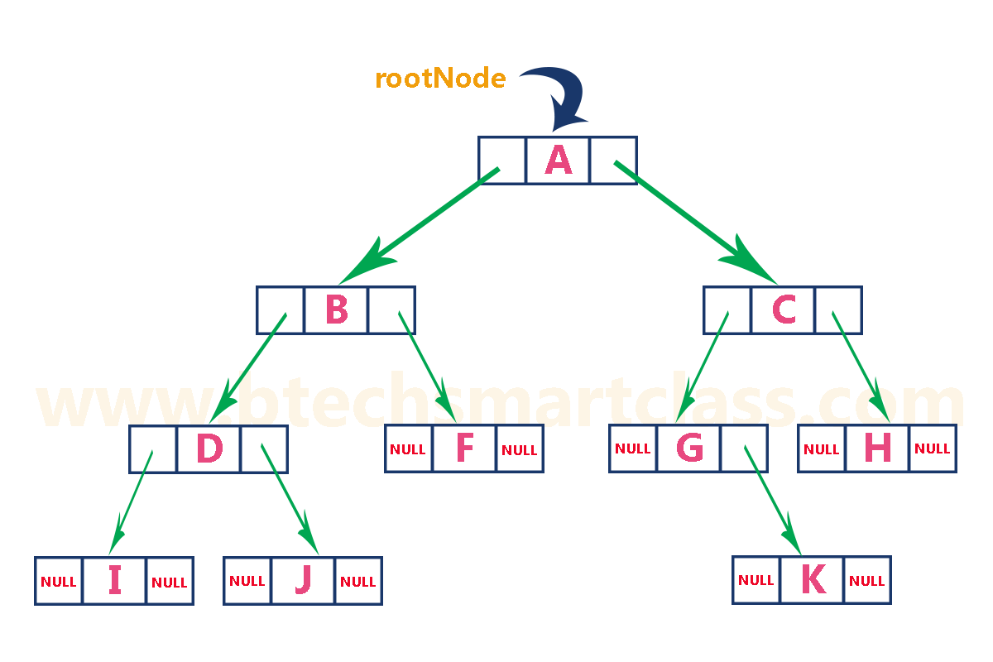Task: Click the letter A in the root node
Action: click(x=559, y=161)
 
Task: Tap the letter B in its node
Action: click(x=337, y=310)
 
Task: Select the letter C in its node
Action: click(x=783, y=310)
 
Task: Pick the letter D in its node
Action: click(x=209, y=449)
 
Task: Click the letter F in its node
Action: click(x=464, y=449)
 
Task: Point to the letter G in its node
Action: click(x=689, y=449)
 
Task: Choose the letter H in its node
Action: click(x=877, y=449)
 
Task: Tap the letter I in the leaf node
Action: click(x=114, y=581)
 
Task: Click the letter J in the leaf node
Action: click(x=303, y=581)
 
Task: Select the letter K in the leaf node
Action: click(x=813, y=580)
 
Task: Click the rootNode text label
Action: click(x=440, y=79)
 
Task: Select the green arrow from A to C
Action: click(x=695, y=222)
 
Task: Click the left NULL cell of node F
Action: click(x=408, y=449)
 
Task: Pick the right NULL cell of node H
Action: click(x=933, y=449)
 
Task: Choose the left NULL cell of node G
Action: click(x=633, y=449)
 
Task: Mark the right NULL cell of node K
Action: click(x=867, y=580)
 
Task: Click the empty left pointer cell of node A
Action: click(x=501, y=161)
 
